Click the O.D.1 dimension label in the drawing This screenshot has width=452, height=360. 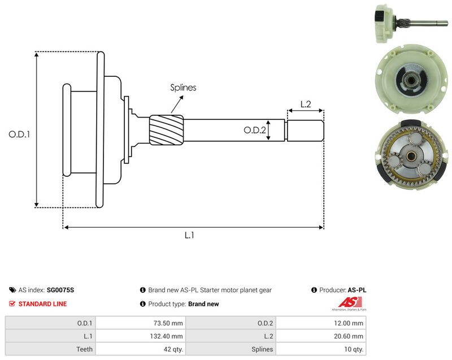click(19, 135)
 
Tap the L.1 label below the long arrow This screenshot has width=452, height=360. click(189, 235)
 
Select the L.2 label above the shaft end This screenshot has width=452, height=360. click(306, 104)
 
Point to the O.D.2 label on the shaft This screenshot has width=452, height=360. click(255, 130)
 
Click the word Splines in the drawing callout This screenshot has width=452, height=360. click(183, 88)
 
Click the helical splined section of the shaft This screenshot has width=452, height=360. click(167, 130)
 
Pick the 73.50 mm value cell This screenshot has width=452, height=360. click(141, 323)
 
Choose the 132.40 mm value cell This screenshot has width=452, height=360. click(141, 336)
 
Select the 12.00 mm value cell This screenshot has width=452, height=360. click(321, 323)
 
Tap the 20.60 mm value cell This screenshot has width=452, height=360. click(321, 336)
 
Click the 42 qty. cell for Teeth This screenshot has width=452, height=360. click(141, 349)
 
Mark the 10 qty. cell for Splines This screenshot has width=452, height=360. click(321, 349)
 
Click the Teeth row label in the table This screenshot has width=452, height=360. click(84, 349)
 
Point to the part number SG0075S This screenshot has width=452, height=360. click(60, 290)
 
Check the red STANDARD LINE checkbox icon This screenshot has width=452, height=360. click(12, 304)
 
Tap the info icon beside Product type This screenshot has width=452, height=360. click(143, 304)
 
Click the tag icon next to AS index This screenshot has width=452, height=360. click(12, 290)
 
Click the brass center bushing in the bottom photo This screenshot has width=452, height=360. click(410, 156)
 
